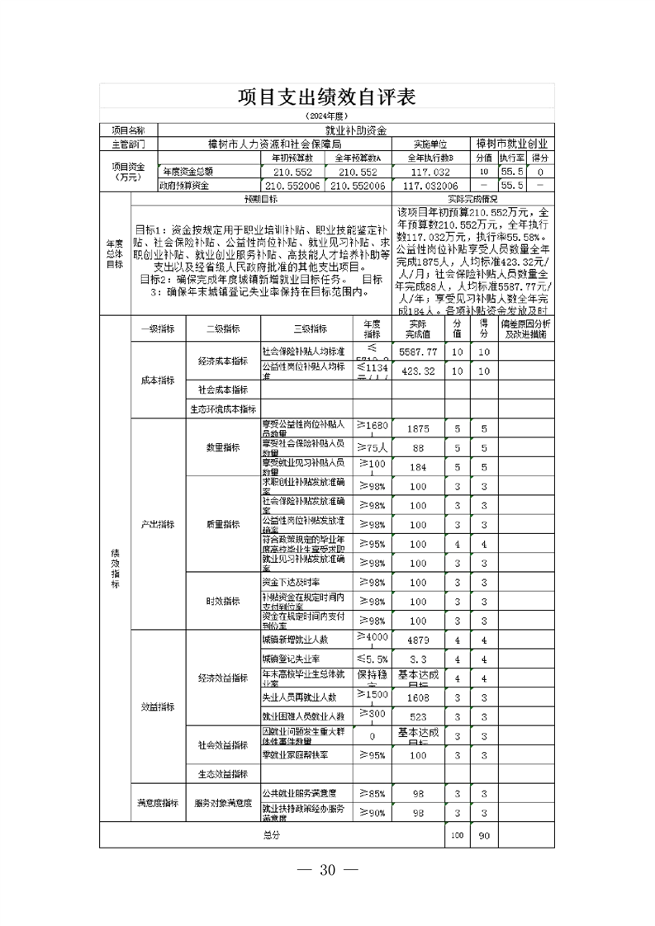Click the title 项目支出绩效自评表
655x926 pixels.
(326, 97)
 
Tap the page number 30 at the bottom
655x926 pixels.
(326, 870)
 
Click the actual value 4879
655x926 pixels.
(417, 640)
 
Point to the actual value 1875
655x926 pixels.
(417, 428)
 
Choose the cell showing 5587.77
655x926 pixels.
(417, 352)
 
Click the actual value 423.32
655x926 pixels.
(417, 371)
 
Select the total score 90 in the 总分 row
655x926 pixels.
(485, 836)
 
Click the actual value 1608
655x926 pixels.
(417, 697)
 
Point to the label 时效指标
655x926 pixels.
(222, 601)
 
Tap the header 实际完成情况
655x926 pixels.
(472, 199)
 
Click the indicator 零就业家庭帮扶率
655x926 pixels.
(295, 754)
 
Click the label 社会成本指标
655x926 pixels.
(222, 390)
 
